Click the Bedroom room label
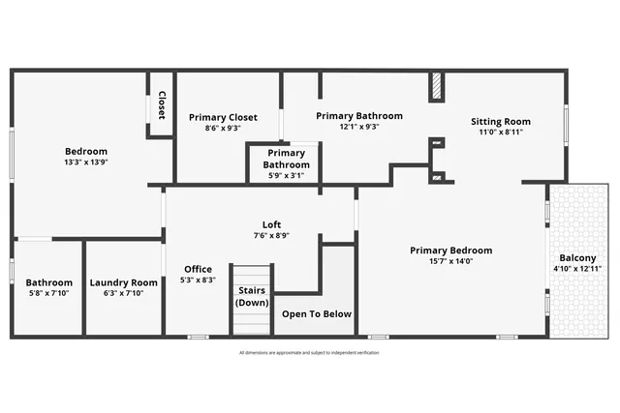point(86,151)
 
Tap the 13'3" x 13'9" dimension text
point(86,163)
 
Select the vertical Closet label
point(161,103)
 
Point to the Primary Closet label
point(223,117)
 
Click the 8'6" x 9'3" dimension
point(223,128)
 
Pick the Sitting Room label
point(500,121)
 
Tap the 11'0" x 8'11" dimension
point(500,133)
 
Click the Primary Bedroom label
point(450,250)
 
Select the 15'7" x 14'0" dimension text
point(450,261)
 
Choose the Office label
point(198,269)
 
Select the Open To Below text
point(317,314)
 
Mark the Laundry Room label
point(124,282)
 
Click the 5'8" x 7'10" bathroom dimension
point(48,294)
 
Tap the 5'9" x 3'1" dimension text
point(286,175)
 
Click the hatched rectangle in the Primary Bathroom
point(436,87)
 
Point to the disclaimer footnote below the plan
point(309,353)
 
